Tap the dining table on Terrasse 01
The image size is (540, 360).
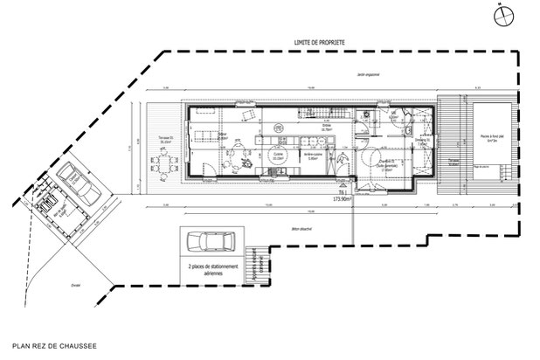[x=163, y=163]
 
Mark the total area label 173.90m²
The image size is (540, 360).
[x=336, y=199]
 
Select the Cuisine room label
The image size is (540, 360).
[x=279, y=156]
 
